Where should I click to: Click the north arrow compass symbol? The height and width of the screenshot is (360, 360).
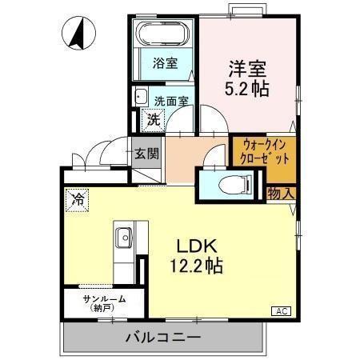(78, 33)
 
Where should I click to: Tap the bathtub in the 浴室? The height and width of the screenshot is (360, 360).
(162, 34)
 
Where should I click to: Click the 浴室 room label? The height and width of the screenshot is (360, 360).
(166, 63)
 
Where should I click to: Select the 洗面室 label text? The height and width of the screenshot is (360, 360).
(172, 101)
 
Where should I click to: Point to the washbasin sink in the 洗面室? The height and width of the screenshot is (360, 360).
(141, 96)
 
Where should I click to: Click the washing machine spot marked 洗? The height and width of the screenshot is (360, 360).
(153, 120)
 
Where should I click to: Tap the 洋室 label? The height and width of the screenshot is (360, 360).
(247, 69)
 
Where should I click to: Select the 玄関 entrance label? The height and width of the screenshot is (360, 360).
(146, 154)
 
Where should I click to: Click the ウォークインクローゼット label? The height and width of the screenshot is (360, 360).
(265, 152)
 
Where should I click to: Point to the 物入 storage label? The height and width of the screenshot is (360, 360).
(281, 194)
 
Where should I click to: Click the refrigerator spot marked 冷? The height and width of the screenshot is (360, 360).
(77, 200)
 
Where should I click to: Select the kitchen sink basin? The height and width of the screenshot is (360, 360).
(124, 238)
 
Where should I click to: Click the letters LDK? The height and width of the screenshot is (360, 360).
(197, 246)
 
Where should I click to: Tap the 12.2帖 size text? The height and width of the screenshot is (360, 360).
(197, 266)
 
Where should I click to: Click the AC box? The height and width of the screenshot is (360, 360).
(281, 311)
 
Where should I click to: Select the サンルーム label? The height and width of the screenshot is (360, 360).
(104, 299)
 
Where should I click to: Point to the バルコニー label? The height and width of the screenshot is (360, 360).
(163, 338)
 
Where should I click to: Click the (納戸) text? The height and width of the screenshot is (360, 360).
(102, 308)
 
